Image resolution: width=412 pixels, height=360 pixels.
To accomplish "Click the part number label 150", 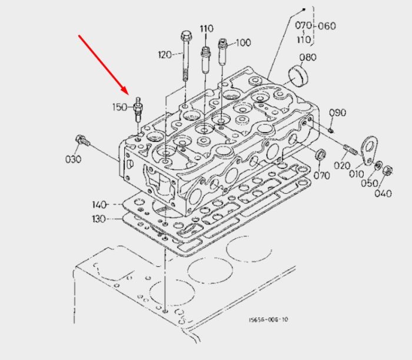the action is pyautogui.click(x=119, y=107).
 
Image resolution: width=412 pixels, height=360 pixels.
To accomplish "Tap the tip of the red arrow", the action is pyautogui.click(x=128, y=94).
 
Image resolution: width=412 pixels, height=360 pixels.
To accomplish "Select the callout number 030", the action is pyautogui.click(x=73, y=159).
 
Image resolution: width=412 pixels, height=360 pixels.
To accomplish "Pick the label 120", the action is pyautogui.click(x=165, y=55).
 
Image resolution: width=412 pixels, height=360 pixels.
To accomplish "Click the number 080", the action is pyautogui.click(x=308, y=57).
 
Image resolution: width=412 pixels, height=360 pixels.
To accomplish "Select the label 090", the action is pyautogui.click(x=337, y=113).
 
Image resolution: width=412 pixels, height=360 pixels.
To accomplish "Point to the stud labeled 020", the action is pyautogui.click(x=351, y=150).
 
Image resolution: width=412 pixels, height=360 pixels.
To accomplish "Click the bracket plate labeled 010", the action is pyautogui.click(x=370, y=150).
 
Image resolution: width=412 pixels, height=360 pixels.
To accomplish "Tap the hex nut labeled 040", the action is pyautogui.click(x=388, y=170).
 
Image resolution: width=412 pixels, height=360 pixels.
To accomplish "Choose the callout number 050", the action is pyautogui.click(x=369, y=183).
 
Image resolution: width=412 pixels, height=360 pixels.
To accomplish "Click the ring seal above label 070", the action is pyautogui.click(x=321, y=154).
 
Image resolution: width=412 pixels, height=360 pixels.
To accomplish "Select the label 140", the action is pyautogui.click(x=99, y=204).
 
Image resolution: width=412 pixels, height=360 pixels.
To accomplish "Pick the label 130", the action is pyautogui.click(x=99, y=219).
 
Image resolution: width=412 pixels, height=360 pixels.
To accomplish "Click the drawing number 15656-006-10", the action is pyautogui.click(x=268, y=319).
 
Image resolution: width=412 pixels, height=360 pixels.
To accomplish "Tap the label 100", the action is pyautogui.click(x=243, y=42).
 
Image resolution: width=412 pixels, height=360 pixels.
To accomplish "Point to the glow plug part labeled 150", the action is pyautogui.click(x=137, y=109).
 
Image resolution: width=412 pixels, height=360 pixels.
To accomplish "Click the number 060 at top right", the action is pyautogui.click(x=327, y=26).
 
